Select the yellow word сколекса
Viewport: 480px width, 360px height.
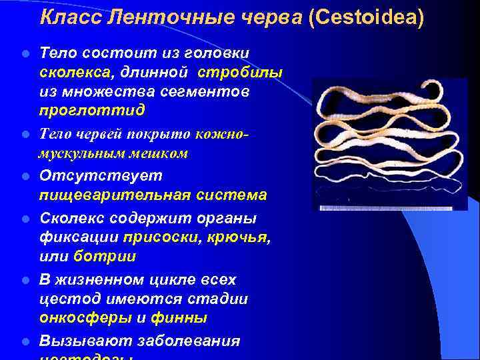point(71,72)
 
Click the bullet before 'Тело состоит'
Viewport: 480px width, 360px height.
point(24,53)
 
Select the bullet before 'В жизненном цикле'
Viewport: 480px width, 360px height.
point(24,280)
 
